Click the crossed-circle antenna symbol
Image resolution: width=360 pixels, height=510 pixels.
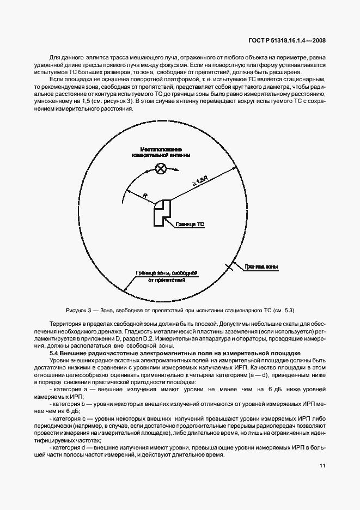click(x=161, y=168)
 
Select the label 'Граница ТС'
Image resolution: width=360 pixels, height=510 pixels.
click(x=191, y=223)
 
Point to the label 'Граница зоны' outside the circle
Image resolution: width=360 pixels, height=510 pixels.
click(x=261, y=267)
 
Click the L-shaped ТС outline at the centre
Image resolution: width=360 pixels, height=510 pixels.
click(x=162, y=212)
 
